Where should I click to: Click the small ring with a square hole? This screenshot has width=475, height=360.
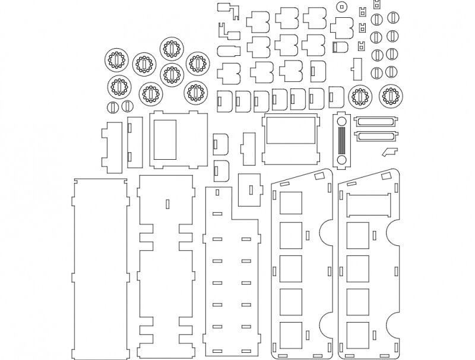(341, 7)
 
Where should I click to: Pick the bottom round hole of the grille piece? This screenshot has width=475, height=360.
(341, 160)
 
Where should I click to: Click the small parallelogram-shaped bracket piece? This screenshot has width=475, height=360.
(390, 150)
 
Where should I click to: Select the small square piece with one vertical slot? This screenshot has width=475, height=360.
(250, 190)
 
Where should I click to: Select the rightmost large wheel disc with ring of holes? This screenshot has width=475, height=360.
(390, 96)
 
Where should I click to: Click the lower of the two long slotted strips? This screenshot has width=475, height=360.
(375, 136)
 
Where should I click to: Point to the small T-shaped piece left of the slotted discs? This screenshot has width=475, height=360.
(357, 68)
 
